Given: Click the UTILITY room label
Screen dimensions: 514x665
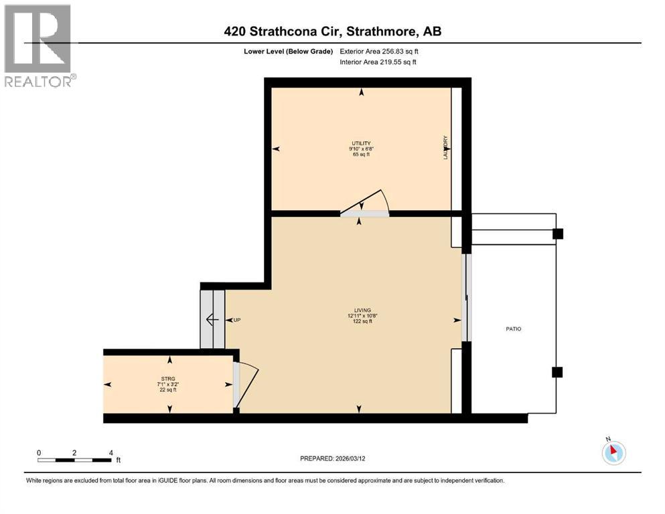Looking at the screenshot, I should tap(361, 143).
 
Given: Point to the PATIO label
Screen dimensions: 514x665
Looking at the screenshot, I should tap(513, 329).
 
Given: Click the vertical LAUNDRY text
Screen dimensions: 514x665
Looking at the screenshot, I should tap(445, 148).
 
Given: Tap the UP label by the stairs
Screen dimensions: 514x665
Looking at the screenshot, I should tap(236, 320).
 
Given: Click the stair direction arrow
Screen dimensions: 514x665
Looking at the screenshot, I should tap(212, 319).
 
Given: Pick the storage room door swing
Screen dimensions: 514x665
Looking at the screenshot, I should tap(245, 384).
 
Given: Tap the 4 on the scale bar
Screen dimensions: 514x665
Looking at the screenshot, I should tap(110, 452).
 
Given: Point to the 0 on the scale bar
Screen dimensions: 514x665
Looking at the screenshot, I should tap(40, 452).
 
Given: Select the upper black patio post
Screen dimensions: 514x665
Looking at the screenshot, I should tap(557, 234).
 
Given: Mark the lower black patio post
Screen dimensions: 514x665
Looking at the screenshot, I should tap(557, 372).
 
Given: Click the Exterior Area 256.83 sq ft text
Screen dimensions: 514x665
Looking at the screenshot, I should tap(380, 51).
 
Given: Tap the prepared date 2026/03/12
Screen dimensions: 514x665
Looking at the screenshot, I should tap(333, 458).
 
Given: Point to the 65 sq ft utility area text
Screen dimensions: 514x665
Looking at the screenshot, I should tap(361, 155).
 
